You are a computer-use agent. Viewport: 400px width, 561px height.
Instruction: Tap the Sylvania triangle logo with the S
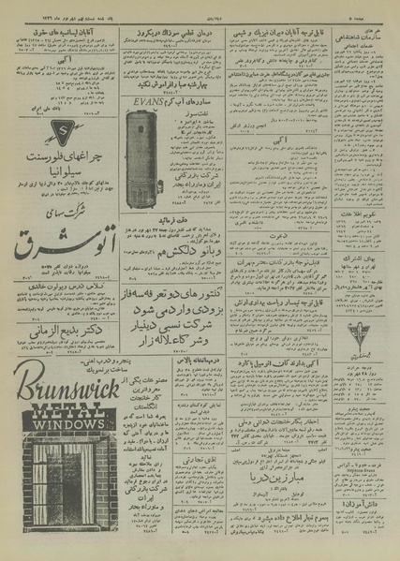tap(32, 131)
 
